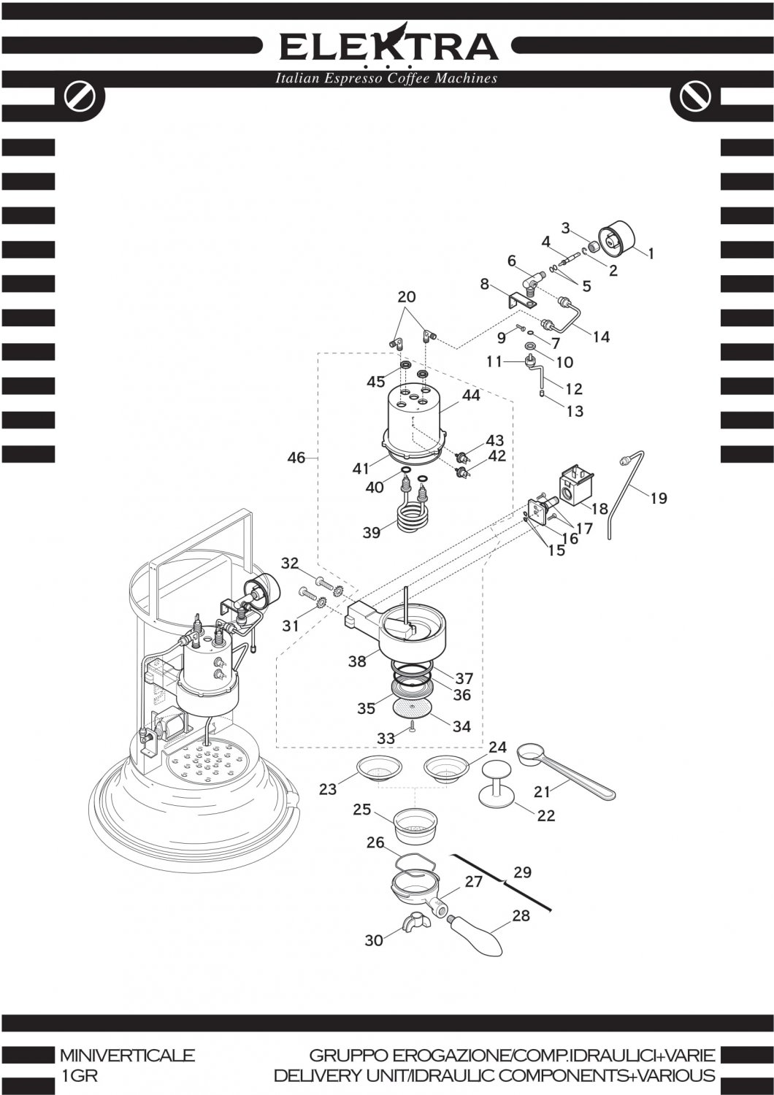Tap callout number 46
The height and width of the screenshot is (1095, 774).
point(296,458)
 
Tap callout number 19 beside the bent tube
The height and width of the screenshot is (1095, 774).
point(658,499)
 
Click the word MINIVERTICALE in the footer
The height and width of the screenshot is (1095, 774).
point(127,1056)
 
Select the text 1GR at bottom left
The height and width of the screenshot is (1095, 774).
point(79,1076)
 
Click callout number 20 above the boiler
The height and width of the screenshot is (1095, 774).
point(406,297)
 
